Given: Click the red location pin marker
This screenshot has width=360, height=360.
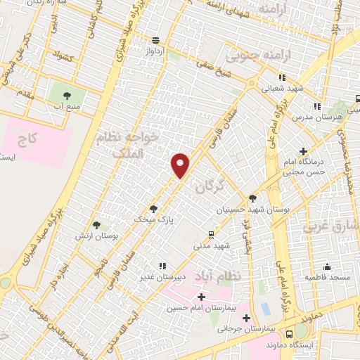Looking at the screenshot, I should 181,165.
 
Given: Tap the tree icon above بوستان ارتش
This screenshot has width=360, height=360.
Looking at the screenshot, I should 96,225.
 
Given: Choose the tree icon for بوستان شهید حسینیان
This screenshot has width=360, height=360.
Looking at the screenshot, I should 252,198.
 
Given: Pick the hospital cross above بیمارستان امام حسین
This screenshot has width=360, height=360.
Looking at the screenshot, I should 202,297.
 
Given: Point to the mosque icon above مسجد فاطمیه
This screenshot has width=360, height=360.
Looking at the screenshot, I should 328,266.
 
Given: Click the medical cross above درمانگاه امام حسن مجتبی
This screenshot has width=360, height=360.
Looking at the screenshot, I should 303,150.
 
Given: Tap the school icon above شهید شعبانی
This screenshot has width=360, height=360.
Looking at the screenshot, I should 281,78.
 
